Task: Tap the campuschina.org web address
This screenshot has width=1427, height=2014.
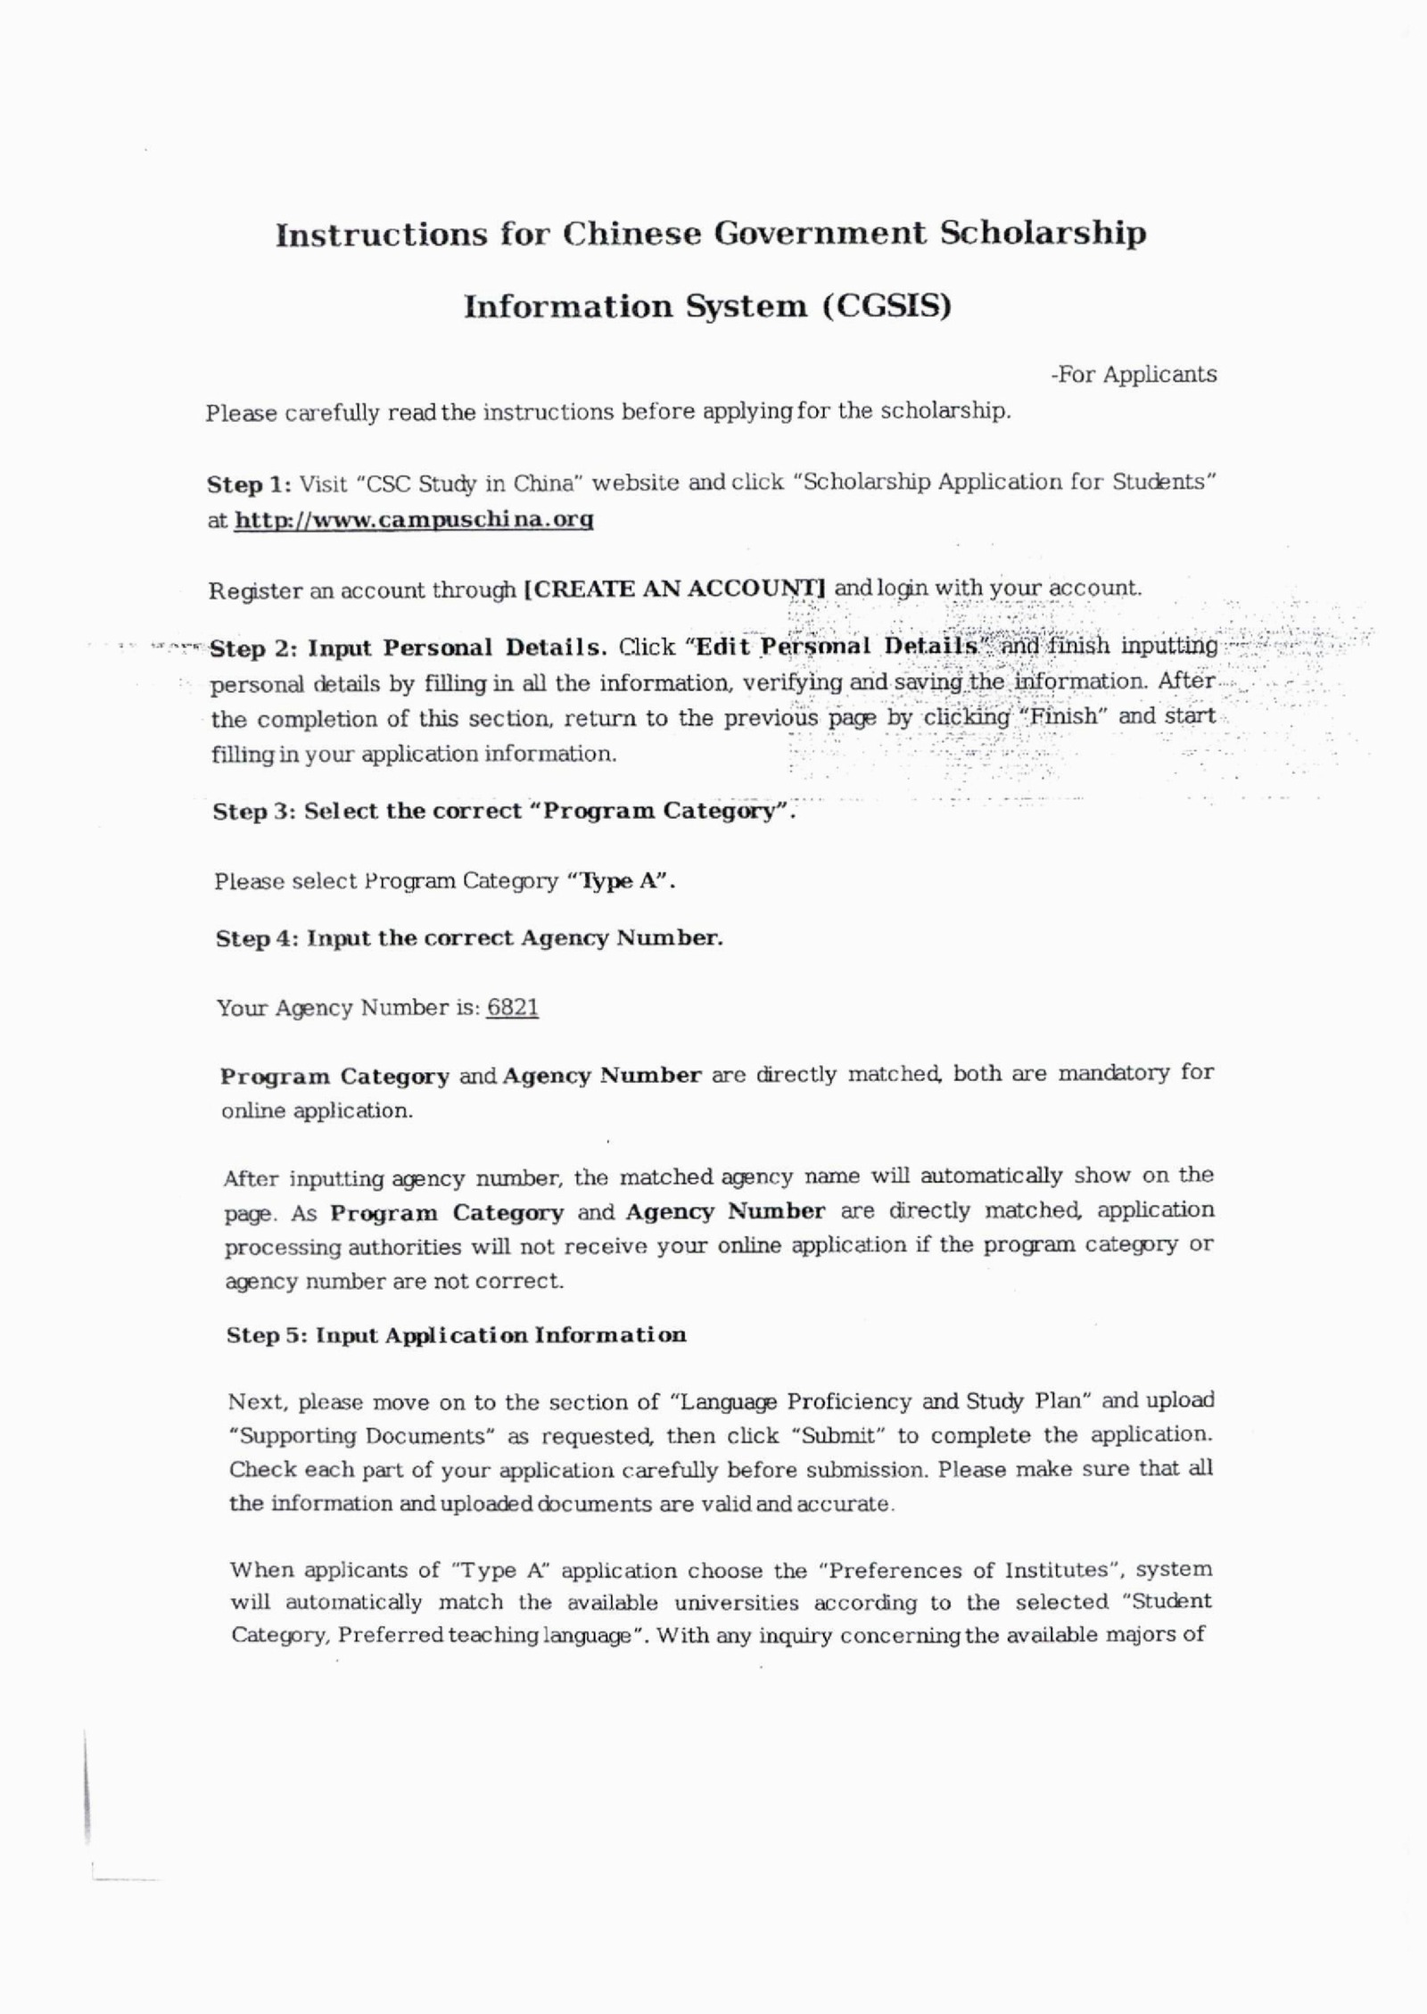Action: pos(414,519)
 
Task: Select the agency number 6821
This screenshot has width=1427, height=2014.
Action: pos(513,1008)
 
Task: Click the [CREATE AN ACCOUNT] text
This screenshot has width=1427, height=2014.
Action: pos(675,589)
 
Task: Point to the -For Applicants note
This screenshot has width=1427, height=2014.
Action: pos(1134,375)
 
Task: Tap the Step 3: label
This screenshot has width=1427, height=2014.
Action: pos(254,812)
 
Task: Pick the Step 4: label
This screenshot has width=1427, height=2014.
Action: pos(258,938)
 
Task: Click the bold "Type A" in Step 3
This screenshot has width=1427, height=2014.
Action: pos(622,881)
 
